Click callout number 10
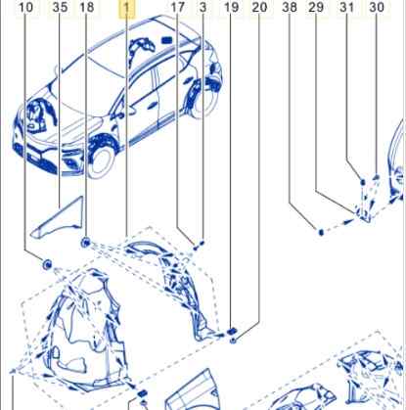(x=25, y=7)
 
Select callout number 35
(x=60, y=7)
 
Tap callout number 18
(x=87, y=7)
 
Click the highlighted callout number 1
(x=127, y=8)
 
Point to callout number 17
(x=178, y=7)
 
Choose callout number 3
(x=203, y=7)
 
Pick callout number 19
(x=231, y=7)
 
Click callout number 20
(x=259, y=7)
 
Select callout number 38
(x=290, y=7)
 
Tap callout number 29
(x=316, y=7)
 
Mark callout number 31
(x=346, y=7)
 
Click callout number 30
(x=377, y=7)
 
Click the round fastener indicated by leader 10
(x=47, y=264)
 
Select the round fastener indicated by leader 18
(x=85, y=243)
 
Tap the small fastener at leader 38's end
(x=321, y=232)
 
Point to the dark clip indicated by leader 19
(x=232, y=332)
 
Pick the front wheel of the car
(x=101, y=163)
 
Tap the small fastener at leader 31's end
(x=362, y=182)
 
